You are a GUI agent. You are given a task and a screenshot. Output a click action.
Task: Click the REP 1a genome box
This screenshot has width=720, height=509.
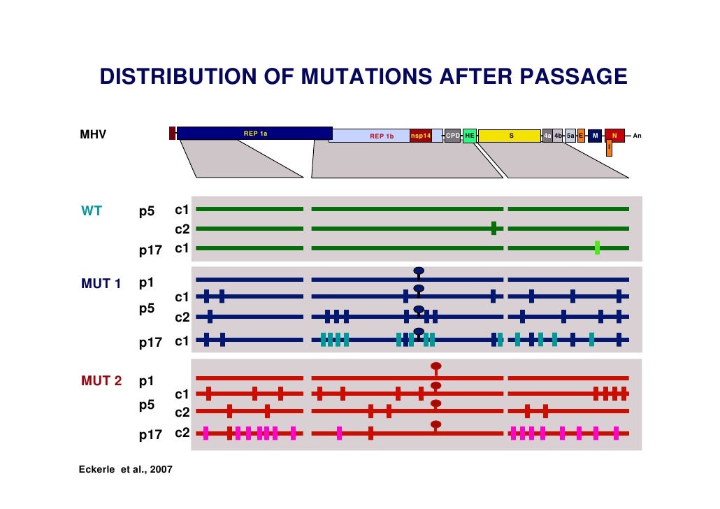pos(254,133)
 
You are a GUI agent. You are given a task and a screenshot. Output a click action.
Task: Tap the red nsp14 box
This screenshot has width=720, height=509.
pos(421,136)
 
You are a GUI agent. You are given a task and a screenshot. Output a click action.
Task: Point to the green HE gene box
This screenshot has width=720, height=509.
pos(470,136)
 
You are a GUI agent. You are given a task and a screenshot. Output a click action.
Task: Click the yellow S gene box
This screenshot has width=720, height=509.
pos(510,136)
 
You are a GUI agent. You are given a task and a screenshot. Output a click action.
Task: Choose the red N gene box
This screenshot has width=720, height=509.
pos(614,136)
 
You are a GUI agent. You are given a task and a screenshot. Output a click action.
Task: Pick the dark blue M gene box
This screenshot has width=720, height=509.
pos(594,136)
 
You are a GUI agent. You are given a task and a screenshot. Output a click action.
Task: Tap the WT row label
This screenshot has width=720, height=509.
pos(92,210)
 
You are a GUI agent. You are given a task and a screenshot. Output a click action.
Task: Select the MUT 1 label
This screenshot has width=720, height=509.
pos(101,284)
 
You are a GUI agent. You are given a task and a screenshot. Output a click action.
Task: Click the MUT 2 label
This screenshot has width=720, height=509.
pos(101,381)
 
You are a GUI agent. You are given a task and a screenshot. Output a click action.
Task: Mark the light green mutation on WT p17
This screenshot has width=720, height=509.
pos(597,248)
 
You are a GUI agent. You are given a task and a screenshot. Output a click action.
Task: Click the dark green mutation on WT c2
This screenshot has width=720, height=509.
pos(494,229)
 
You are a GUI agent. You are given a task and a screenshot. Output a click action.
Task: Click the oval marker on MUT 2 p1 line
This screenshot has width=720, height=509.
pos(436,366)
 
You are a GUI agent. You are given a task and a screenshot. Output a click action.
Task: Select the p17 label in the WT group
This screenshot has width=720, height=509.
pos(150,249)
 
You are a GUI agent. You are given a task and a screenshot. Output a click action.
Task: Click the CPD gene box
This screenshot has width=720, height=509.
pos(452,136)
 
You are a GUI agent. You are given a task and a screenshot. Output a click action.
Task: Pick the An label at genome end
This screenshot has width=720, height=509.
pos(637,136)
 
